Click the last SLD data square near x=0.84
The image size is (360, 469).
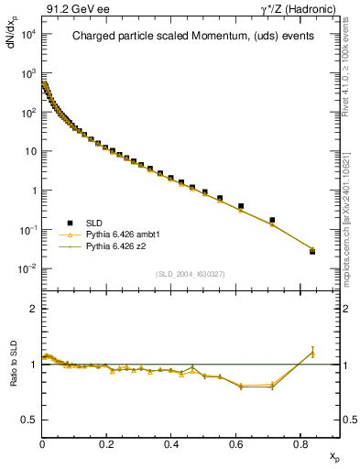coord(312,251)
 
